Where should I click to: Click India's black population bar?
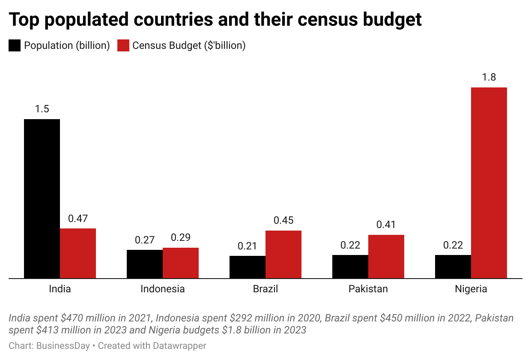pyautogui.click(x=42, y=198)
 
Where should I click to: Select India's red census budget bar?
pyautogui.click(x=78, y=253)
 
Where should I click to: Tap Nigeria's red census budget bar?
pyautogui.click(x=489, y=183)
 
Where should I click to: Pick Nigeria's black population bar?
pyautogui.click(x=453, y=267)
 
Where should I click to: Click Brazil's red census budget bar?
pyautogui.click(x=283, y=255)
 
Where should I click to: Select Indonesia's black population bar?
pyautogui.click(x=145, y=264)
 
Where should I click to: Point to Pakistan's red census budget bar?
pyautogui.click(x=386, y=257)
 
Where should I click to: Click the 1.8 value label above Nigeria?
pyautogui.click(x=489, y=78)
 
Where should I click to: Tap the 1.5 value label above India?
pyautogui.click(x=42, y=109)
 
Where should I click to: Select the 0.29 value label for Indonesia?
pyautogui.click(x=181, y=237)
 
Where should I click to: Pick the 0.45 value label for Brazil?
pyautogui.click(x=283, y=220)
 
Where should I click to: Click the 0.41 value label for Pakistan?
pyautogui.click(x=386, y=225)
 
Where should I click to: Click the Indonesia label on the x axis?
pyautogui.click(x=163, y=289)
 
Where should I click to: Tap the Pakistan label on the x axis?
pyautogui.click(x=368, y=289)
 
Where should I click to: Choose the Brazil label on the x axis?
pyautogui.click(x=265, y=289)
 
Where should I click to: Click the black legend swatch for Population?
pyautogui.click(x=15, y=45)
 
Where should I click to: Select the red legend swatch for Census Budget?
pyautogui.click(x=123, y=45)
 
